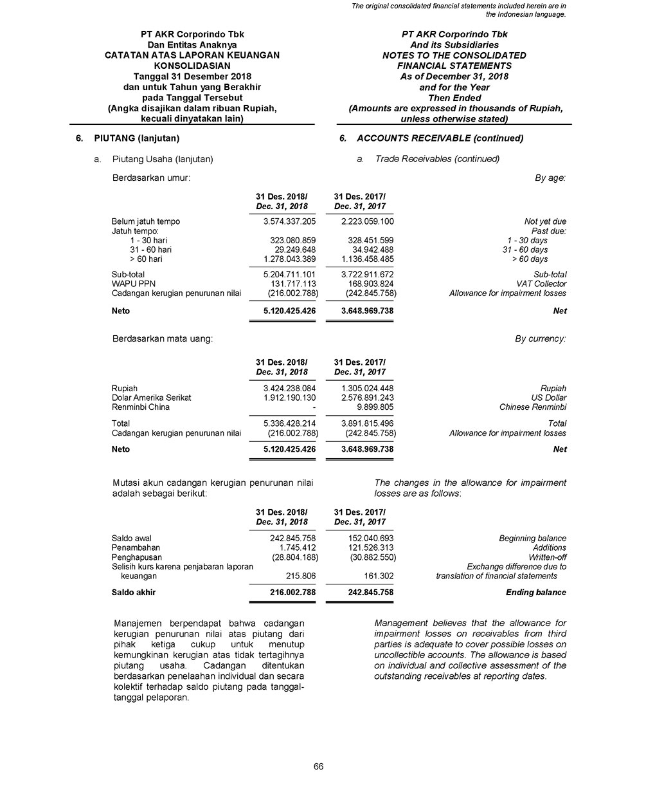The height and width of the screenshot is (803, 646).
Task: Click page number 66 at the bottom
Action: (x=318, y=766)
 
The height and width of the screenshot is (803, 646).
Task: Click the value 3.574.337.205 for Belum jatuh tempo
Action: (x=289, y=221)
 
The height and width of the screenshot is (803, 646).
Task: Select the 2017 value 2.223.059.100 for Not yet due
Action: (x=367, y=221)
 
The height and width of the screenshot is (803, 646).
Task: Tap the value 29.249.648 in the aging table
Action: (x=295, y=250)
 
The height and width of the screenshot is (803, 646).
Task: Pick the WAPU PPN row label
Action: (x=134, y=284)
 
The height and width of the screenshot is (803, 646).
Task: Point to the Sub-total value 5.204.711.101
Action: (x=289, y=275)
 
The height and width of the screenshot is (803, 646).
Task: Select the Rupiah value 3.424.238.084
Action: (x=289, y=389)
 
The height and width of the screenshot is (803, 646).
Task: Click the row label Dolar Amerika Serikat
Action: (x=152, y=398)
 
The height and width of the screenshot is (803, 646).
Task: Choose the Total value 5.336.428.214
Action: (x=289, y=423)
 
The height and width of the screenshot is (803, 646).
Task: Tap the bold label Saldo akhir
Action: (x=134, y=592)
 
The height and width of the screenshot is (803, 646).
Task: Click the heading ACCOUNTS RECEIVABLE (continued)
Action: (x=440, y=138)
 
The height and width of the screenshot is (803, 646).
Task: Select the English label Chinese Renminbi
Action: (x=532, y=407)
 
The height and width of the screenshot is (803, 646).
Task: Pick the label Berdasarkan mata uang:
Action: (x=163, y=338)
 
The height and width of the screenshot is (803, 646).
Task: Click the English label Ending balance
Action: (x=535, y=592)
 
